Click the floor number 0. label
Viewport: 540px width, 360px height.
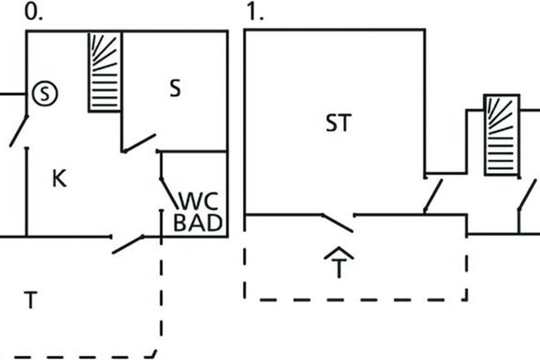(x=33, y=13)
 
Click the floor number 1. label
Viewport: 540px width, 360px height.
(x=255, y=13)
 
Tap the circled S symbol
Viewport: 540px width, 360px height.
(x=45, y=94)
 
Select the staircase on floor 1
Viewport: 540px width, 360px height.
(x=501, y=135)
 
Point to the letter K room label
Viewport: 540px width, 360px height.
(x=59, y=179)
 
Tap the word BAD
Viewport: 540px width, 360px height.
(x=198, y=223)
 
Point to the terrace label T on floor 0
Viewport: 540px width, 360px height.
(x=30, y=300)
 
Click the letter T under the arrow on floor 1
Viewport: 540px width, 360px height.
(x=338, y=269)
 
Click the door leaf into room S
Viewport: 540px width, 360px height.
(x=139, y=143)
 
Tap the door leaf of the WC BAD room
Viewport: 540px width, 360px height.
(x=169, y=193)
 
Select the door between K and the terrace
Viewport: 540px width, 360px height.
(x=128, y=244)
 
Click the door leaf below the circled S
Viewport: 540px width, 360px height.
(x=19, y=131)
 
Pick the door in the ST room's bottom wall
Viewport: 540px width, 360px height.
(x=337, y=223)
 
